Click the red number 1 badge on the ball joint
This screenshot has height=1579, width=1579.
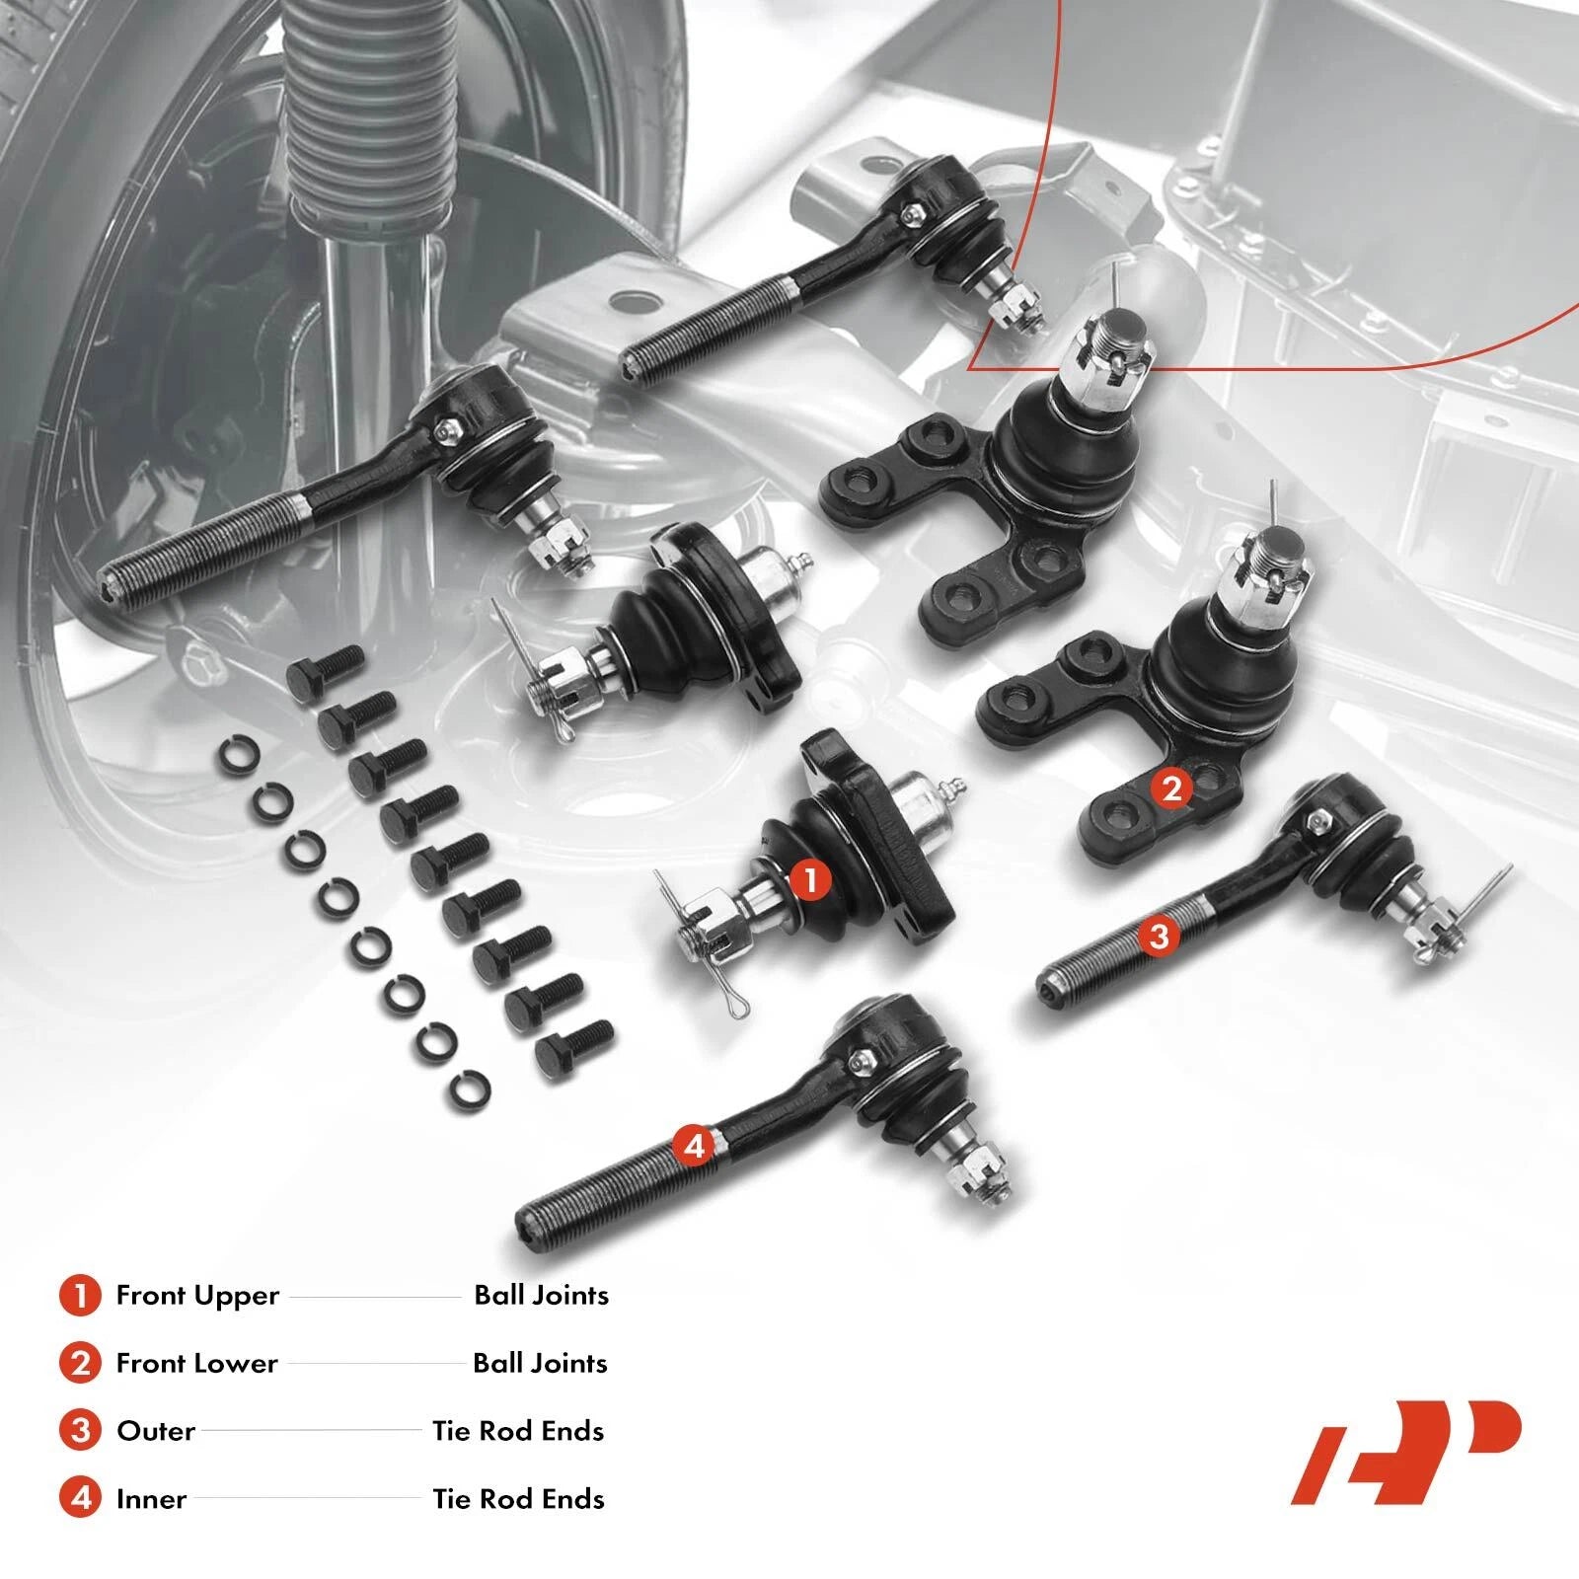tap(811, 880)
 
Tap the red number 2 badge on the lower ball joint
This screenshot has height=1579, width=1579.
tap(1171, 789)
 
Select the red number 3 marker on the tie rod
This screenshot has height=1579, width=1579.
tap(1159, 935)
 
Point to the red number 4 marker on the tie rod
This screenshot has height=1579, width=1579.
tap(694, 1146)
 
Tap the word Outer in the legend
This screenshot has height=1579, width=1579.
tap(156, 1431)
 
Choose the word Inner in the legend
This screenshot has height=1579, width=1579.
tap(151, 1499)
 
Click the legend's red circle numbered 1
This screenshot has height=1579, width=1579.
tap(80, 1296)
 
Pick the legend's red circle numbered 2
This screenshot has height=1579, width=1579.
tap(80, 1364)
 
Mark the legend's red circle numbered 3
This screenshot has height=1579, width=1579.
tap(80, 1431)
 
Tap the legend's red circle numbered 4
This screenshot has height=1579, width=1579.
tap(80, 1499)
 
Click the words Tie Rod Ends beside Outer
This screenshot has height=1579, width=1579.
tap(518, 1431)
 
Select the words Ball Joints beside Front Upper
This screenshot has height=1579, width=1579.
tap(542, 1296)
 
